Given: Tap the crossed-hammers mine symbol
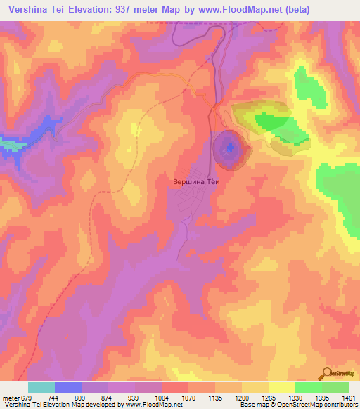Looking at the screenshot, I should (x=231, y=147).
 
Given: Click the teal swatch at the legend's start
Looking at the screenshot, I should (x=41, y=387).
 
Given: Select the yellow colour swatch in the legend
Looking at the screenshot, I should (x=281, y=387).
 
